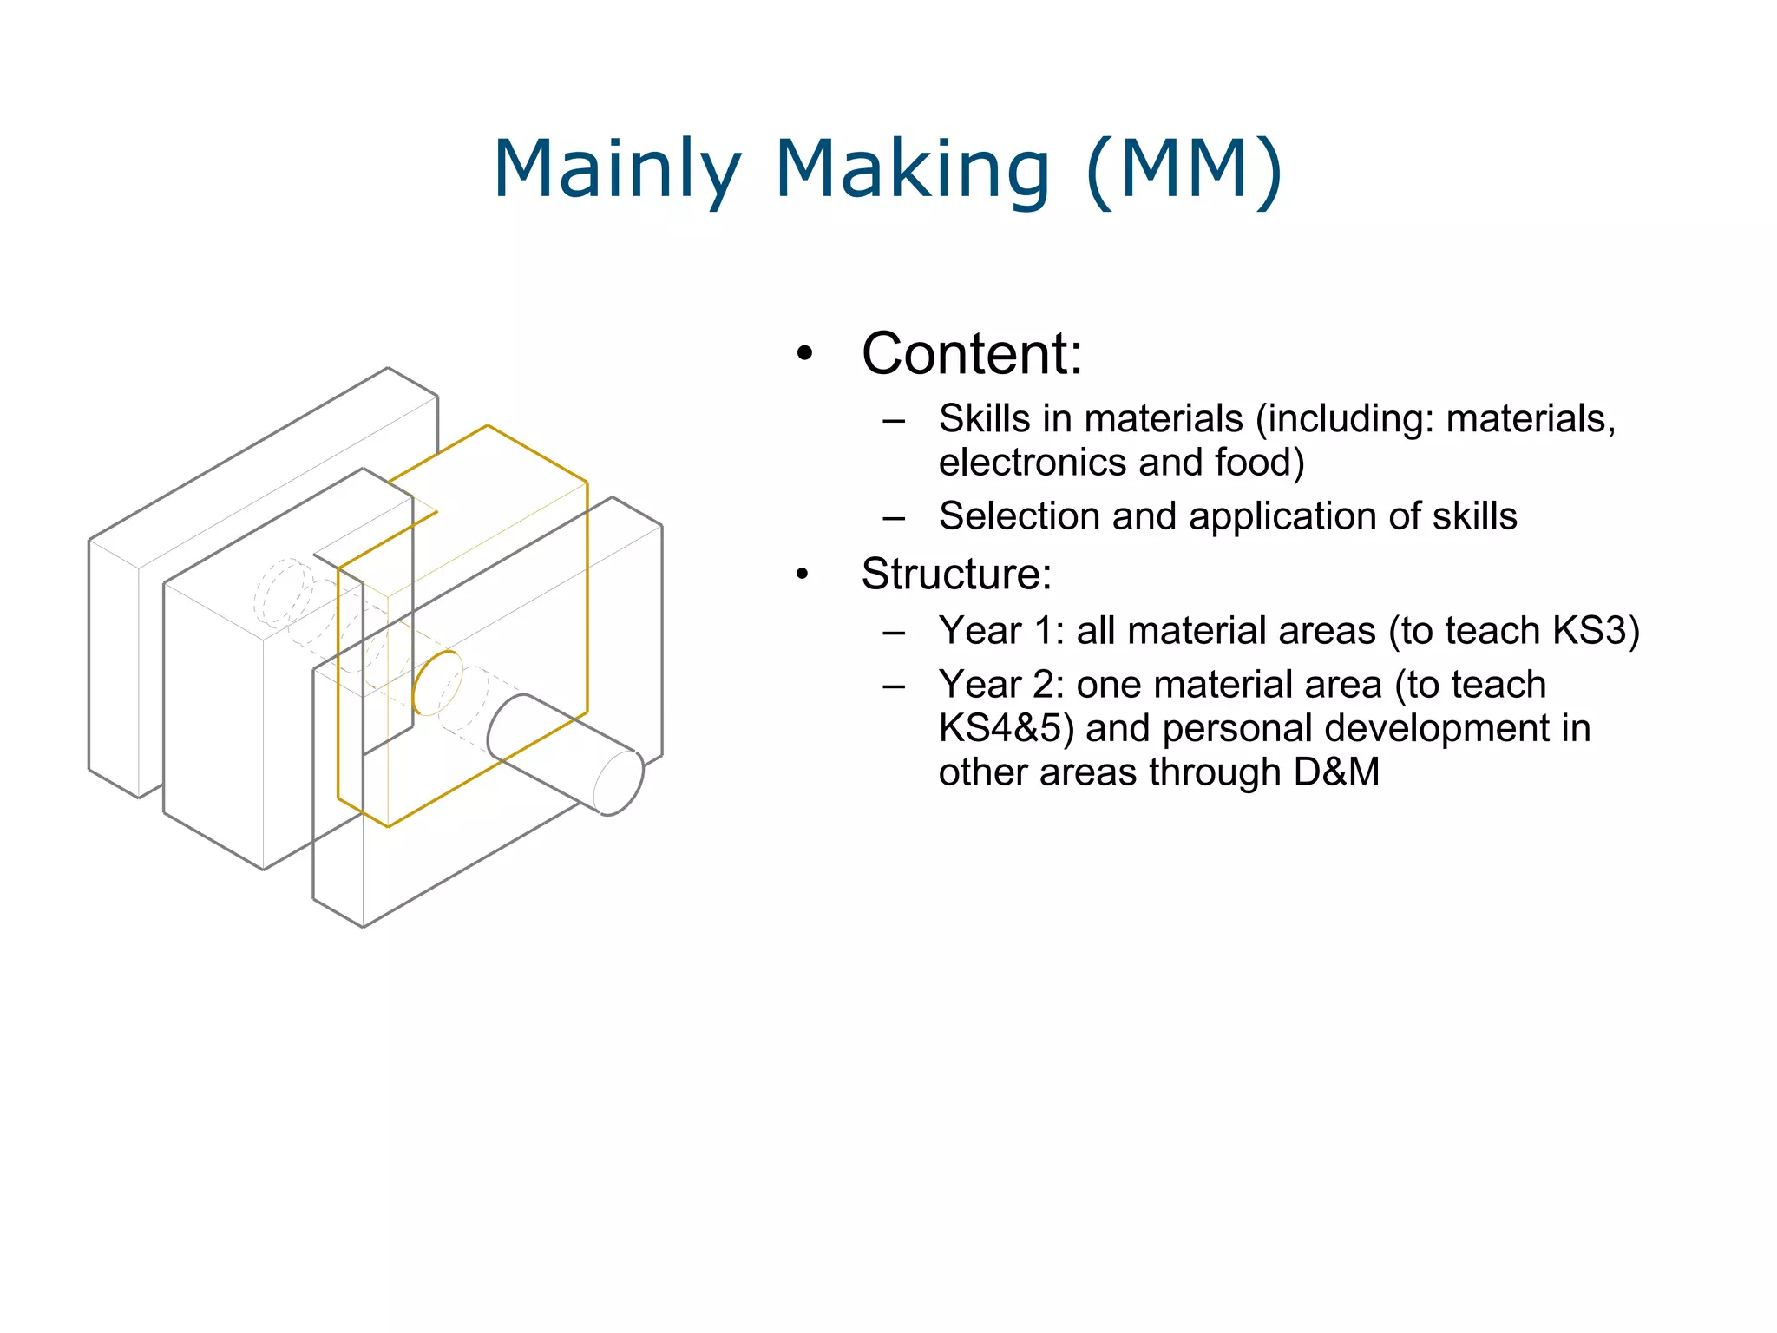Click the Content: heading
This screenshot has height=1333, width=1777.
point(972,354)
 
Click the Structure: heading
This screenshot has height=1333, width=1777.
point(956,574)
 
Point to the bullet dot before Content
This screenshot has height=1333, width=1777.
point(805,354)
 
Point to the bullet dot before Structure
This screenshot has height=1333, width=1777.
point(803,574)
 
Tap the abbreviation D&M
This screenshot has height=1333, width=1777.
point(1336,772)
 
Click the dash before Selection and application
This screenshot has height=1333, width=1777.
point(893,519)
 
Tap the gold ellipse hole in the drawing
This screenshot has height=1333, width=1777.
point(437,683)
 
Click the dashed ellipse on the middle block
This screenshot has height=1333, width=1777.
point(283,593)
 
